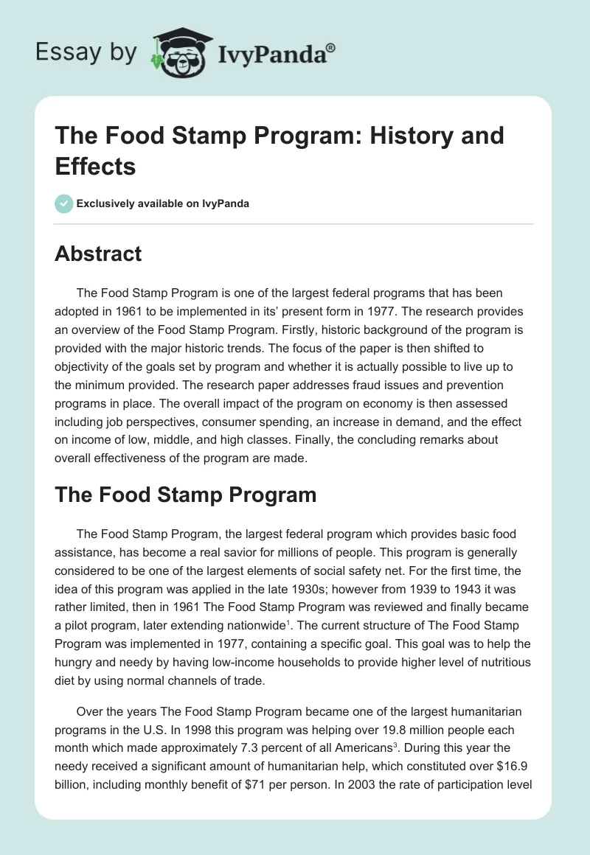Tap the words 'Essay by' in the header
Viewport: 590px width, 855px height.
coord(86,52)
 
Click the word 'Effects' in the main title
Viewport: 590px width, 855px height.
coord(96,166)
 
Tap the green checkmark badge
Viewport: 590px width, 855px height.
coord(63,203)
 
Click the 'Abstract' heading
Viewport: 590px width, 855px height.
coord(98,254)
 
